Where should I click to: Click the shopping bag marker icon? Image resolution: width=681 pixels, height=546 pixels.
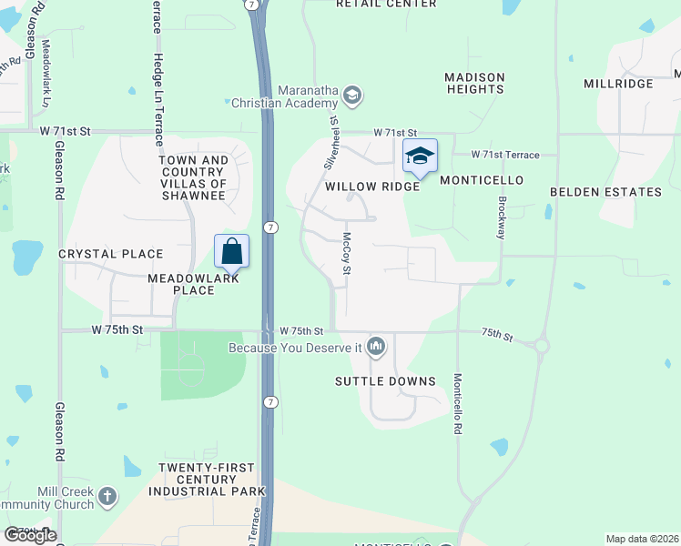[231, 252]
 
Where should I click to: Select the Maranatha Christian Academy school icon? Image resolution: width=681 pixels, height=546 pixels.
[353, 96]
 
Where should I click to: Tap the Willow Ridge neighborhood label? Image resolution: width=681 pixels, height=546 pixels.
[372, 187]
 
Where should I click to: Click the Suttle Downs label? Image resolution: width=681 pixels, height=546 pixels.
[385, 380]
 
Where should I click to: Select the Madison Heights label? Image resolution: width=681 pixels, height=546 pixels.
[475, 83]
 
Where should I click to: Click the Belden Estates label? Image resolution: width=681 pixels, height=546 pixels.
[605, 192]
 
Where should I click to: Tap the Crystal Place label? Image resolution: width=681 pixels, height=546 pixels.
[111, 254]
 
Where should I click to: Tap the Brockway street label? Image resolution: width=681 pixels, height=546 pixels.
[500, 217]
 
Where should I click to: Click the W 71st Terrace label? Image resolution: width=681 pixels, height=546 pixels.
[505, 156]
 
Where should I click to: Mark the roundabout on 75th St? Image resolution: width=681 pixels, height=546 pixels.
[542, 346]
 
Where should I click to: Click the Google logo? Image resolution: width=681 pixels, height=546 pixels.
[31, 534]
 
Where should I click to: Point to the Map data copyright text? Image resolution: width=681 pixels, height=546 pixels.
[642, 539]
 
